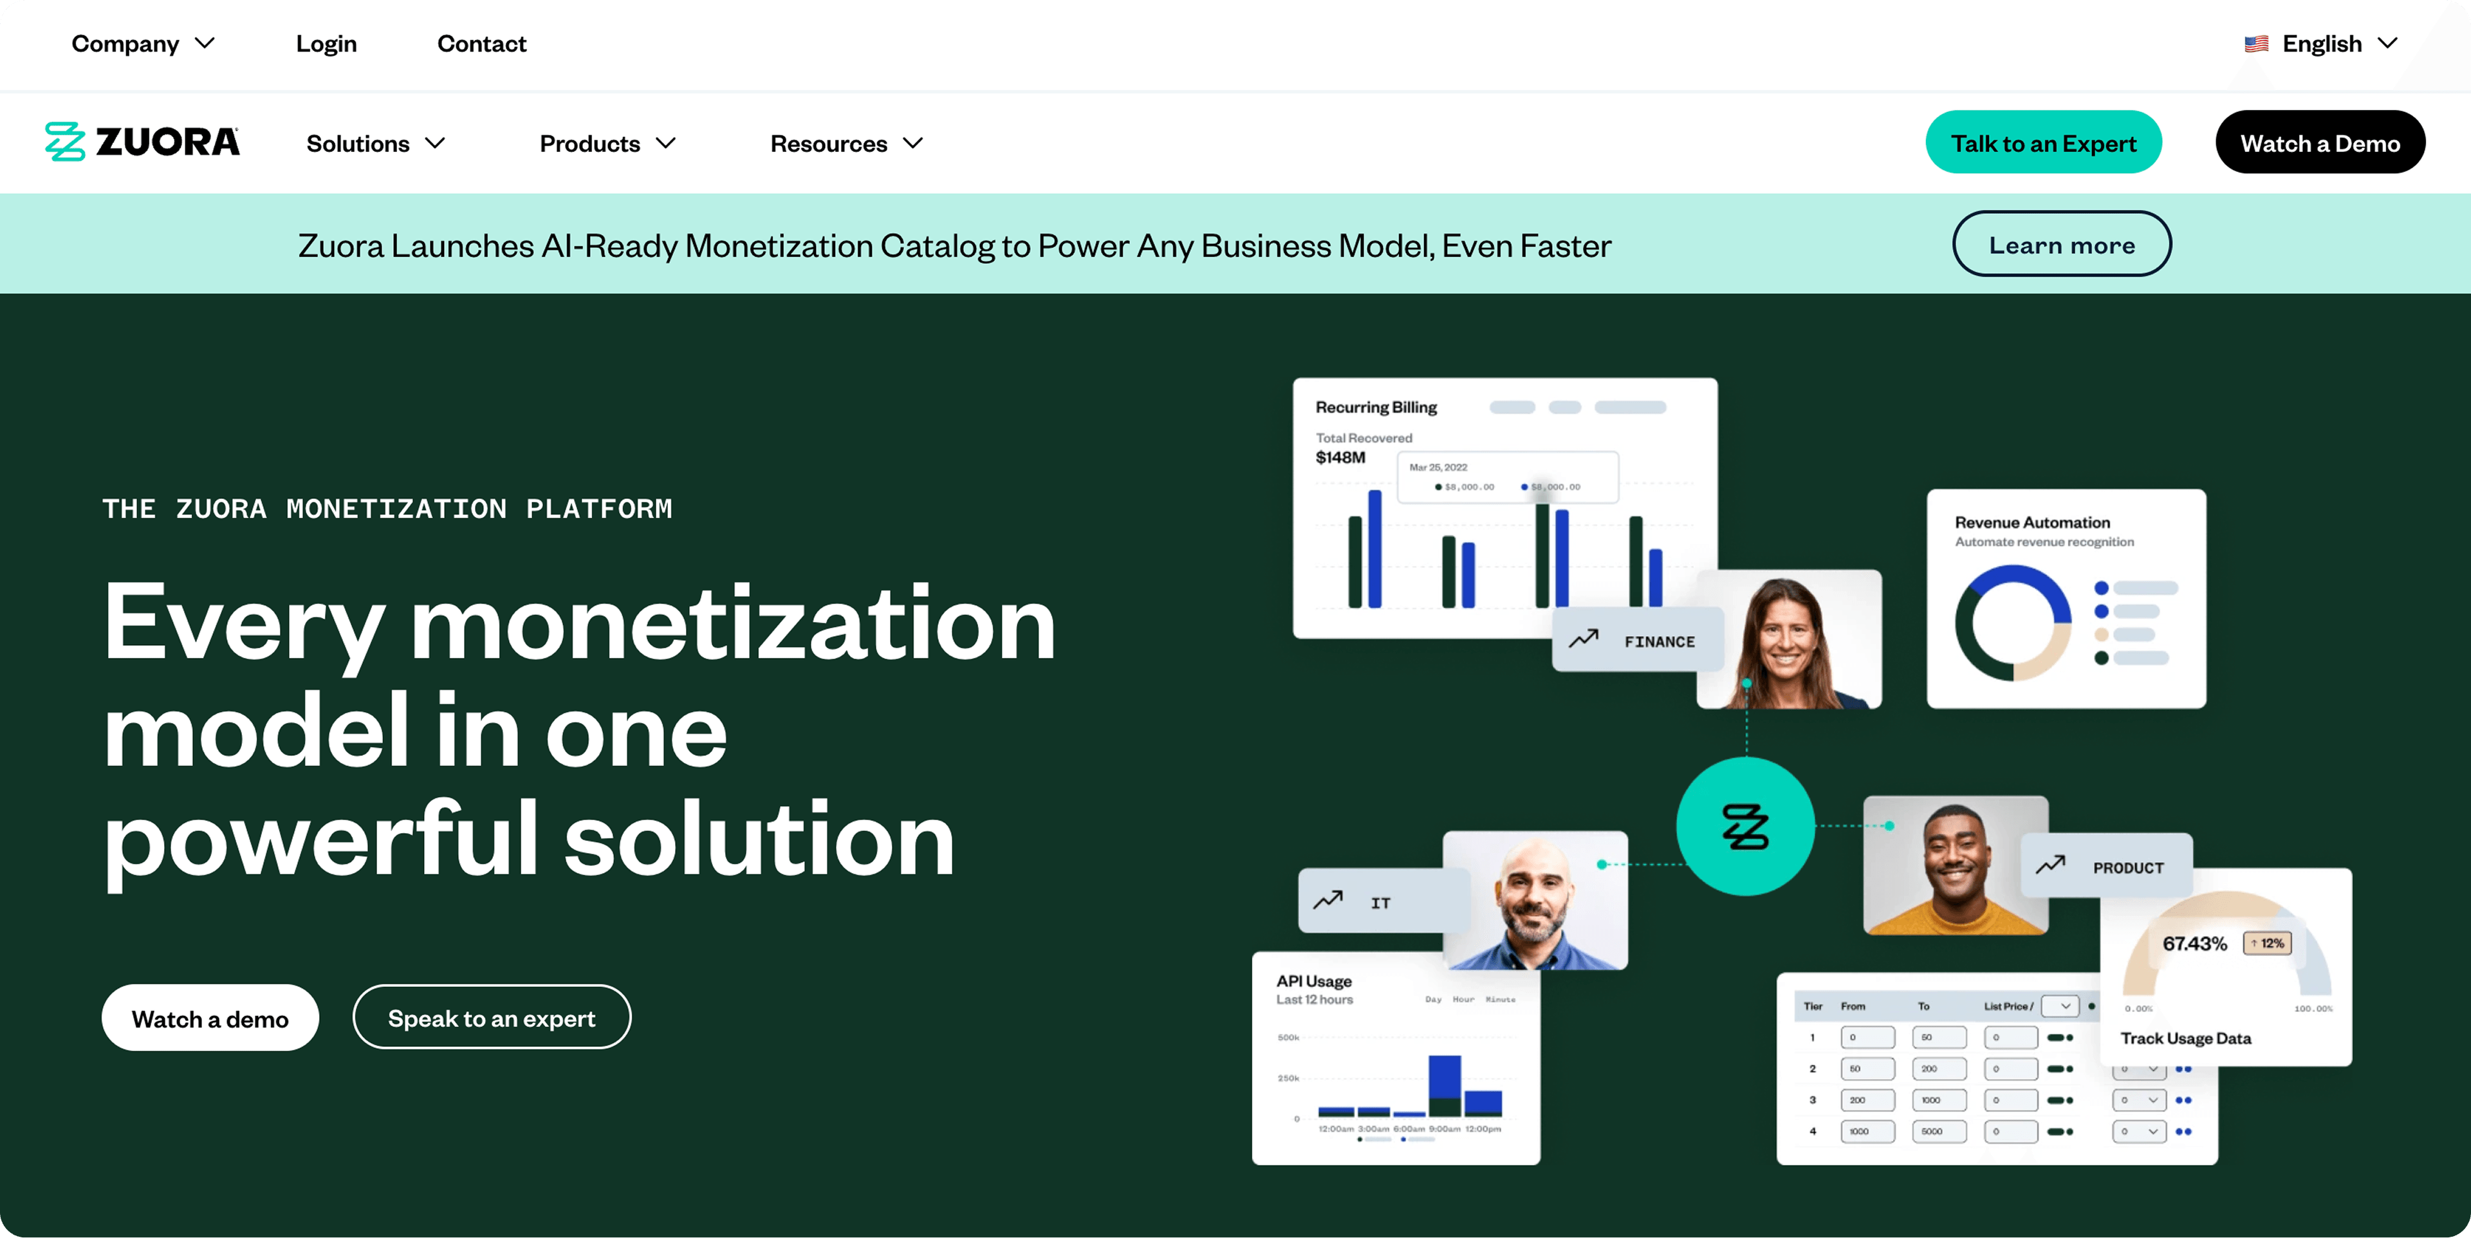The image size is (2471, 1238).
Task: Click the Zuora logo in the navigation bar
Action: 142,142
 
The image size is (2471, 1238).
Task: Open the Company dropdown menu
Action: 142,44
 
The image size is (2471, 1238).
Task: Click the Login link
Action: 326,44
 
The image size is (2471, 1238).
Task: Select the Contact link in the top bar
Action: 481,44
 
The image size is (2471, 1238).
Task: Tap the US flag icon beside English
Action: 2256,44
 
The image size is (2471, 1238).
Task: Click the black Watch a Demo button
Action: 2319,143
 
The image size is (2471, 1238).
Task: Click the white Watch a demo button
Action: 210,1018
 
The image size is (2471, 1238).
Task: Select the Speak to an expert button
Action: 491,1018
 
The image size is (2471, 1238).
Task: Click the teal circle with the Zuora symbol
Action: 1745,826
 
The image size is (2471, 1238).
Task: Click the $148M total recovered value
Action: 1340,458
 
